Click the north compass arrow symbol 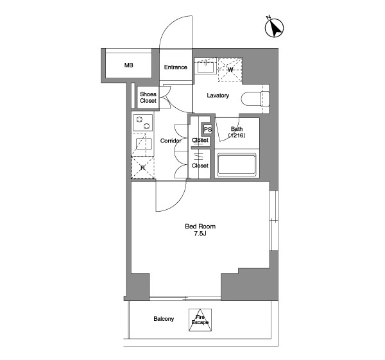[x=274, y=27]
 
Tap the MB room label [x=129, y=65]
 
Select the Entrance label [x=176, y=67]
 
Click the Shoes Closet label [x=148, y=98]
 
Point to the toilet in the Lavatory [x=255, y=99]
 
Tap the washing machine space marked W [x=230, y=69]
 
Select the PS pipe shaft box [x=207, y=129]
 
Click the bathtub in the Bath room [x=237, y=164]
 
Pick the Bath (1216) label [x=237, y=132]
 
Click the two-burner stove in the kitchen [x=143, y=123]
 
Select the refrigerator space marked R [x=142, y=167]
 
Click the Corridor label [x=171, y=141]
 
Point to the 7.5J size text [x=200, y=234]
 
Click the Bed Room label [x=200, y=226]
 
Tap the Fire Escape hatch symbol [x=200, y=320]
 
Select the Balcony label [x=164, y=319]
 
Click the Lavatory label [x=218, y=95]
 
